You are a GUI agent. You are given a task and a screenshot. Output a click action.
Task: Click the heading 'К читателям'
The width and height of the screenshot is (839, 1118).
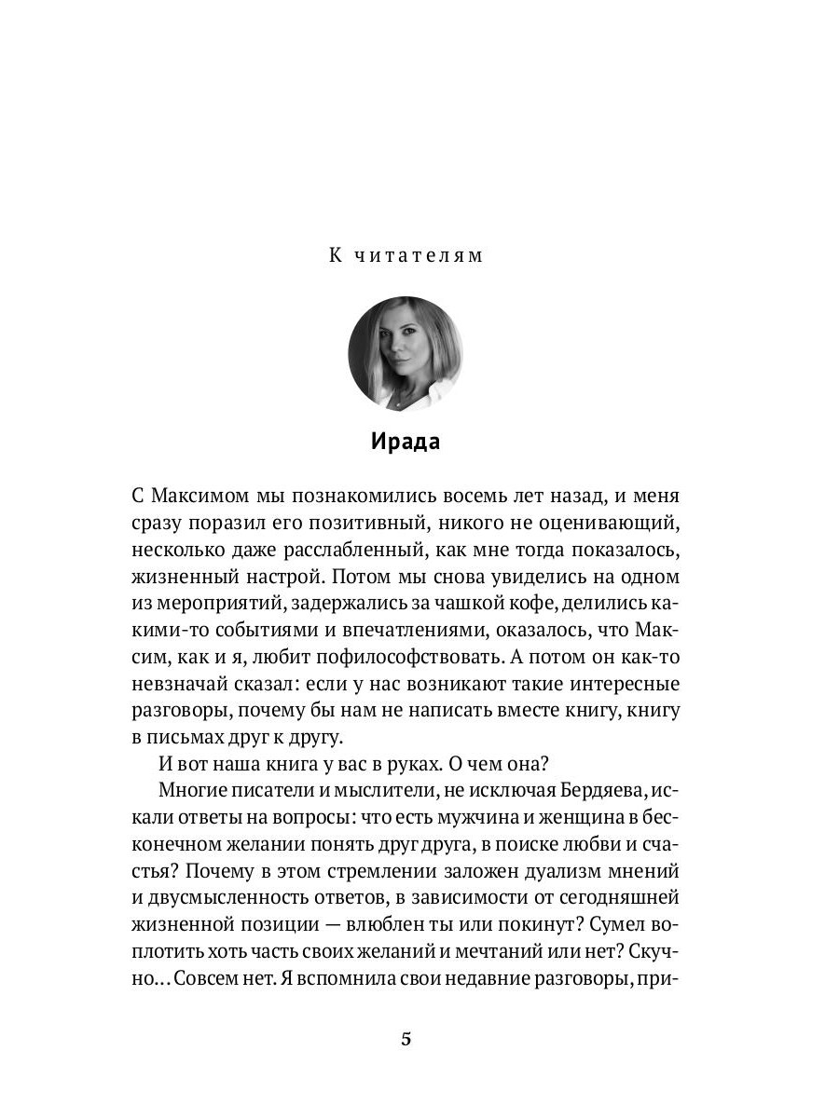pyautogui.click(x=406, y=255)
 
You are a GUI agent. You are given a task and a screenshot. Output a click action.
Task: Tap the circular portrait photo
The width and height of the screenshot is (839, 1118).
pyautogui.click(x=406, y=354)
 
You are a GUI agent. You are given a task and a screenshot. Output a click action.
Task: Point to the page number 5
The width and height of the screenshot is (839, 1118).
pyautogui.click(x=406, y=1041)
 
